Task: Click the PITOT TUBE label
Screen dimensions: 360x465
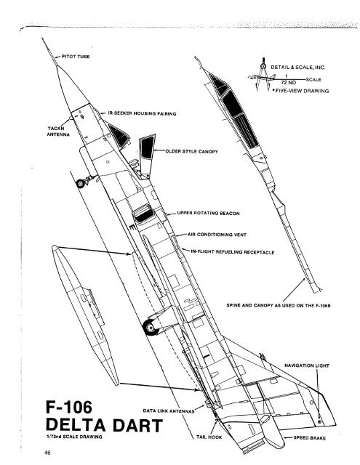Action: pyautogui.click(x=76, y=57)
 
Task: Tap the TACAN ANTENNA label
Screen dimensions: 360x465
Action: pyautogui.click(x=58, y=132)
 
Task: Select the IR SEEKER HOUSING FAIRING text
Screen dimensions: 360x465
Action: pyautogui.click(x=142, y=113)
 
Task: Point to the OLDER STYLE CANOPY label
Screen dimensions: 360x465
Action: pyautogui.click(x=191, y=151)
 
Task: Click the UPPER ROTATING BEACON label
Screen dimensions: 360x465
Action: pyautogui.click(x=208, y=213)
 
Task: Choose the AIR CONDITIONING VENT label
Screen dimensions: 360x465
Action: pyautogui.click(x=217, y=235)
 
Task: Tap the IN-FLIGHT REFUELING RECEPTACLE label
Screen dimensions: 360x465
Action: pyautogui.click(x=233, y=252)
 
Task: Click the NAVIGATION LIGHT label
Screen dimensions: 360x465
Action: pyautogui.click(x=307, y=365)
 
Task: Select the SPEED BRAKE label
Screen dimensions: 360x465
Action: pyautogui.click(x=309, y=437)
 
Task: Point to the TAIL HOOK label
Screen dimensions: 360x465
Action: pyautogui.click(x=209, y=437)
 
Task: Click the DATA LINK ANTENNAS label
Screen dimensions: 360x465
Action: pyautogui.click(x=168, y=411)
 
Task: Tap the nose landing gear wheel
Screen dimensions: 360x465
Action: pyautogui.click(x=80, y=184)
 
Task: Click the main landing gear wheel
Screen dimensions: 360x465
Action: pyautogui.click(x=150, y=327)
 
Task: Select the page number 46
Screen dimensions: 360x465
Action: pyautogui.click(x=47, y=453)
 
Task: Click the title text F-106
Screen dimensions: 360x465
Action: pyautogui.click(x=69, y=407)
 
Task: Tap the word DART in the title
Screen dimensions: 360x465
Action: pyautogui.click(x=137, y=425)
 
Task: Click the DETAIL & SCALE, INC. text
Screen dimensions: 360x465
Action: pyautogui.click(x=297, y=68)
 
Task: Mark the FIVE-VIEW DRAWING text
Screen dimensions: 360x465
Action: pyautogui.click(x=302, y=91)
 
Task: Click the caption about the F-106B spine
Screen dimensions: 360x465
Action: pyautogui.click(x=279, y=305)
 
